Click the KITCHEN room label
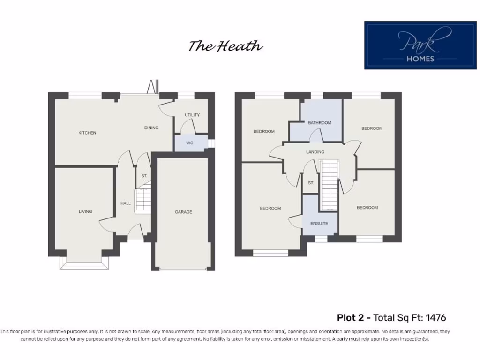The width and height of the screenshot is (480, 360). [x=87, y=133]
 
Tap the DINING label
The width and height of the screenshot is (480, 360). [x=151, y=127]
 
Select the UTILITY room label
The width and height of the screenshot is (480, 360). [x=192, y=115]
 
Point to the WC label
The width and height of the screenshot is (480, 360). [x=189, y=143]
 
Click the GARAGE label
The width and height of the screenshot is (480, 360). [x=183, y=212]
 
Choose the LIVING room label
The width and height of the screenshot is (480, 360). [x=85, y=211]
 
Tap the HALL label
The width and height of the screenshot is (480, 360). [x=126, y=203]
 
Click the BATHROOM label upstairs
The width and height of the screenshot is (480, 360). [x=319, y=123]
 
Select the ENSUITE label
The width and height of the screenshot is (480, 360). [x=319, y=223]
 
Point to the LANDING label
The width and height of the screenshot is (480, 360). [x=315, y=152]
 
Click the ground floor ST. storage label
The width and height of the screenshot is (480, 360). [x=144, y=176]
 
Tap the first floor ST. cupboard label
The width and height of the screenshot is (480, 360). [x=311, y=183]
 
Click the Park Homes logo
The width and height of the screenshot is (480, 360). [x=420, y=45]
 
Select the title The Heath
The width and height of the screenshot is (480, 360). [x=225, y=46]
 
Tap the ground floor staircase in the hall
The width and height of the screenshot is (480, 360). [x=143, y=201]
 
